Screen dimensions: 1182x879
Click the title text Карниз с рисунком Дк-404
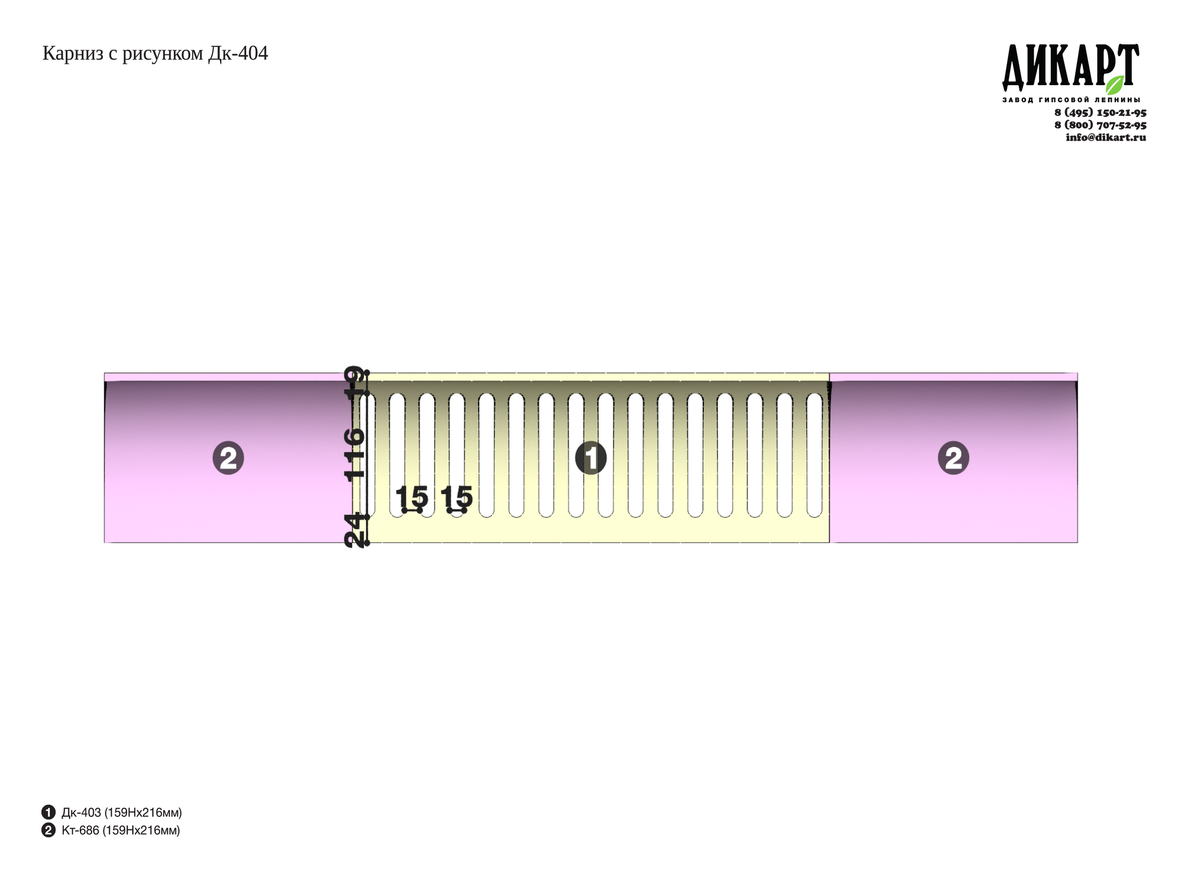[155, 54]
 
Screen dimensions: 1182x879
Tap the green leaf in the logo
[1115, 85]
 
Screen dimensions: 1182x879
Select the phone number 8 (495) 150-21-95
[1100, 112]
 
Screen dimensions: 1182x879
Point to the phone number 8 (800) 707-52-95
[1100, 125]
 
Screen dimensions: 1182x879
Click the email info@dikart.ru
[1106, 137]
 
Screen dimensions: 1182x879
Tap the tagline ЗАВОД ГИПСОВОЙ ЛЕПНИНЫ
[1071, 100]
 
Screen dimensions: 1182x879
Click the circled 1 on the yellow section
[591, 458]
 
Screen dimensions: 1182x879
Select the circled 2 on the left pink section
[228, 458]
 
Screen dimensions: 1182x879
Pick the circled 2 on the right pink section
[953, 458]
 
